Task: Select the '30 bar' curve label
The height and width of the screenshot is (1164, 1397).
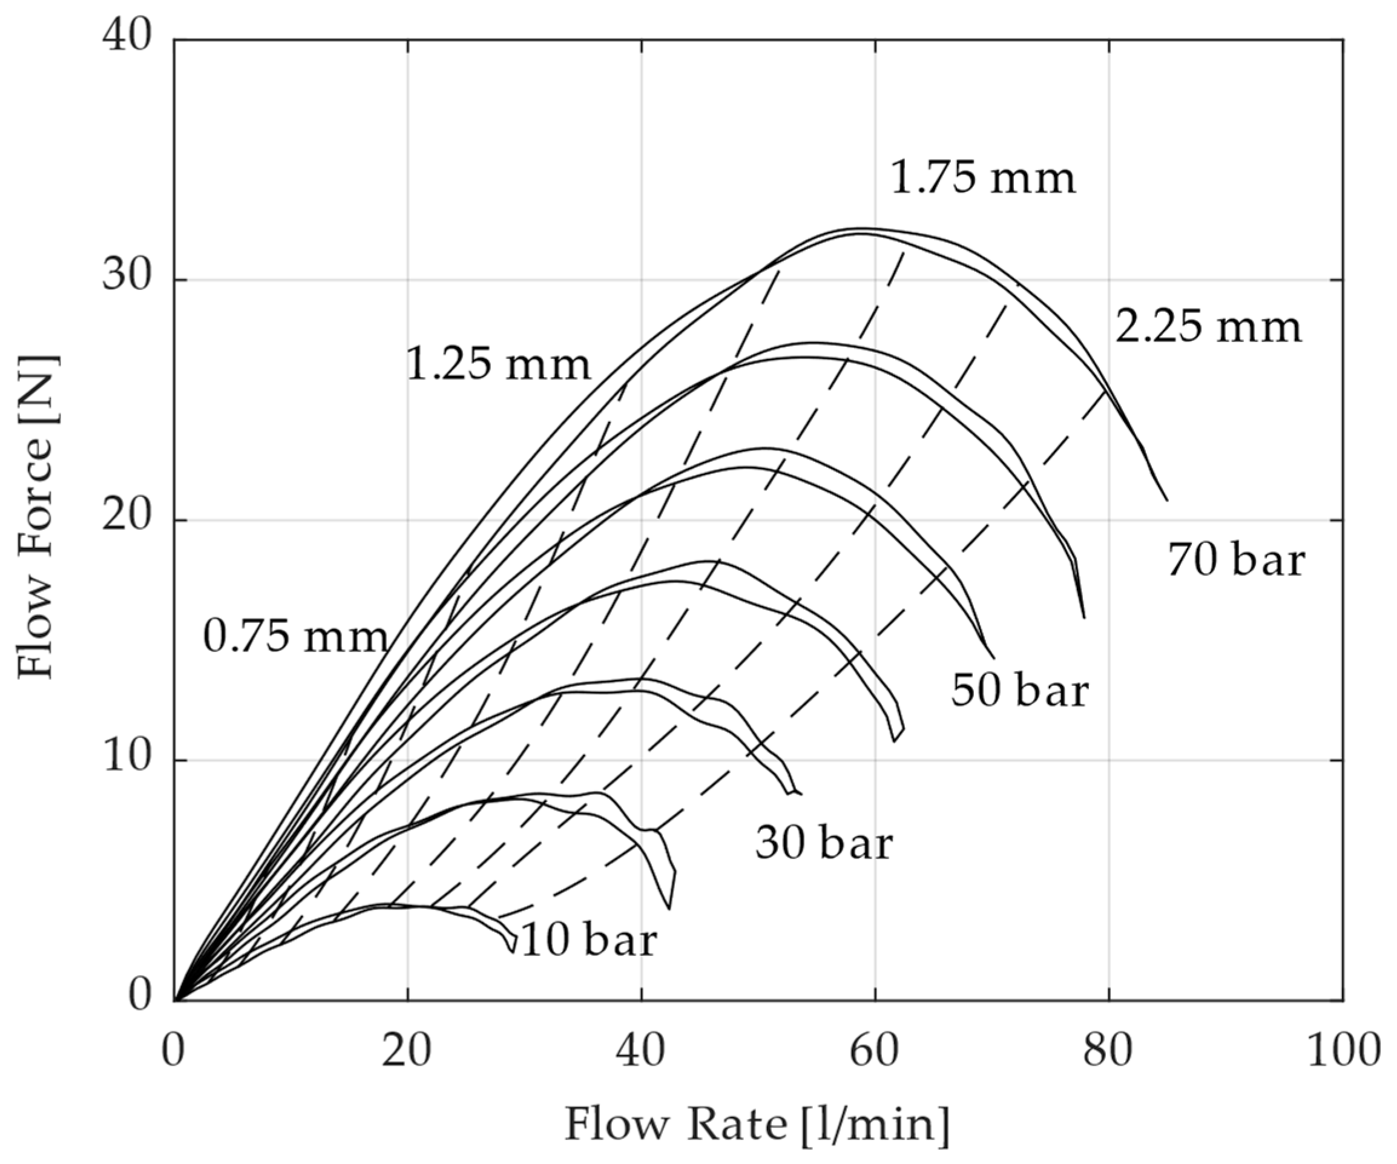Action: (x=824, y=844)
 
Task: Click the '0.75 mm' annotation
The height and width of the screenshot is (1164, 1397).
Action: (x=295, y=637)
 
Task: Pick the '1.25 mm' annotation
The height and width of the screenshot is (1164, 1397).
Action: (x=498, y=364)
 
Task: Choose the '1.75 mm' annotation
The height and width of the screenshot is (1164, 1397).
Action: (x=982, y=178)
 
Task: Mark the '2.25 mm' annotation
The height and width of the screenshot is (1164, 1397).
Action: (x=1208, y=327)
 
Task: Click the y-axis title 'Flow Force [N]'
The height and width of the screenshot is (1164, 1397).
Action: (x=36, y=517)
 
